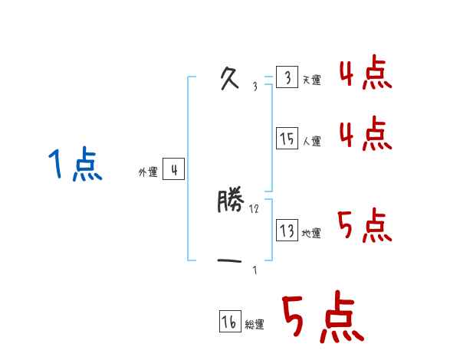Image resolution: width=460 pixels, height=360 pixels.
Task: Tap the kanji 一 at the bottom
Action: (x=230, y=261)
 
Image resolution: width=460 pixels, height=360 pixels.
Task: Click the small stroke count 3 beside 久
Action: (x=255, y=87)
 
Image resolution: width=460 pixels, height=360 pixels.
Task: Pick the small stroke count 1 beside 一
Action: (x=255, y=270)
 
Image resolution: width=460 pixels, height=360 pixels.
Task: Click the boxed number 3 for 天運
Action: (x=287, y=78)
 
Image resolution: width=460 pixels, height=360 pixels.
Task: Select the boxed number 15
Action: (x=287, y=139)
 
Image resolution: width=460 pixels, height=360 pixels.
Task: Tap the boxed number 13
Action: (x=287, y=231)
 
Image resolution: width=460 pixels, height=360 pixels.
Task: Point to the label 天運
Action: (x=312, y=80)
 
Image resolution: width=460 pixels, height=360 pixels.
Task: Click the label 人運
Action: (x=312, y=141)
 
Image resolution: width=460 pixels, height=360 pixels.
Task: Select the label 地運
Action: (x=312, y=233)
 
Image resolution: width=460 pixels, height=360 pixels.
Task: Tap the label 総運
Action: (x=255, y=325)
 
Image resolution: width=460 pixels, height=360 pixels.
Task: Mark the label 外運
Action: (x=148, y=172)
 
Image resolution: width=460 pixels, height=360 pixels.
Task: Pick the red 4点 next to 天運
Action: (x=365, y=75)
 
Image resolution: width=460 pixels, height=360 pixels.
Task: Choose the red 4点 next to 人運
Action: (x=365, y=135)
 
